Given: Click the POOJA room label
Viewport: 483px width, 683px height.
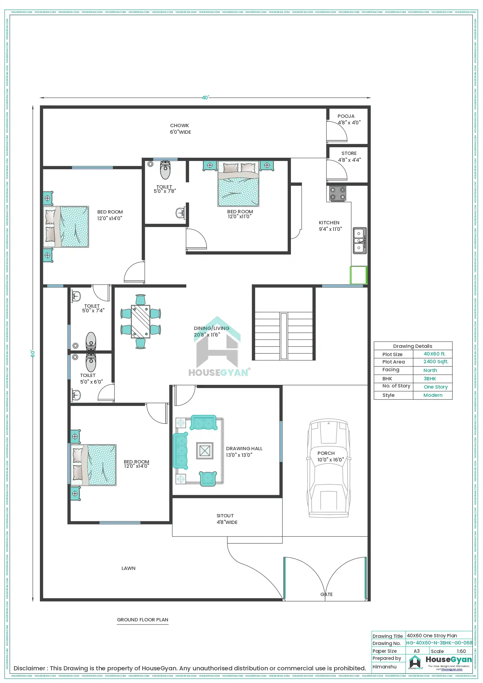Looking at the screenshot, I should [x=346, y=116].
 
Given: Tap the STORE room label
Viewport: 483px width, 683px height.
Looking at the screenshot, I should [x=349, y=154].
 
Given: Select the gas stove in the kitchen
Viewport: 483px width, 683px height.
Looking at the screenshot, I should [x=337, y=193].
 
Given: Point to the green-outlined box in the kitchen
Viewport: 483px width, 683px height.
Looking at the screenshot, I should [x=358, y=275].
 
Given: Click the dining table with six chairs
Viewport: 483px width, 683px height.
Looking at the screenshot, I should [x=140, y=322].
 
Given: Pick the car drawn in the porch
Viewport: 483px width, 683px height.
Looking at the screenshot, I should [x=329, y=468].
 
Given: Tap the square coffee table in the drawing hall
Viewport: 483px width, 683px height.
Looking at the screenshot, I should [x=205, y=451].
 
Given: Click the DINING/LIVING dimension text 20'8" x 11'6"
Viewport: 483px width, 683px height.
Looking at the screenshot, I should [x=207, y=335].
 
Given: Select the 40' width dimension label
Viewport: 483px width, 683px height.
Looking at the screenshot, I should [x=205, y=98].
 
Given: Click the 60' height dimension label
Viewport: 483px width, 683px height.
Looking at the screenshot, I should [x=33, y=354].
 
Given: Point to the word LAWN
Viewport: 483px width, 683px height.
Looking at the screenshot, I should [x=128, y=568].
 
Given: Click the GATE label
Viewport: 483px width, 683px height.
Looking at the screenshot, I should [x=326, y=594].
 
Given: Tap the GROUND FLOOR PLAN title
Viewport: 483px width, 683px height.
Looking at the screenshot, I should [x=142, y=620].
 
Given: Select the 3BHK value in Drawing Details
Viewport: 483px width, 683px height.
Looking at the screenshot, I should [x=429, y=379].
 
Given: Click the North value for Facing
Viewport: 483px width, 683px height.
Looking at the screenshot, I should [x=430, y=370].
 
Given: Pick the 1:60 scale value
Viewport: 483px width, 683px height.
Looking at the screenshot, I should [x=461, y=651].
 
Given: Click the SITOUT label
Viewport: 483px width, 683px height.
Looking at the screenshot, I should [x=225, y=516].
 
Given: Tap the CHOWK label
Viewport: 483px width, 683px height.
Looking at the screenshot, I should [x=179, y=125].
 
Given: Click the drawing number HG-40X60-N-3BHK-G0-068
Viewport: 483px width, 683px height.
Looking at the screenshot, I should [x=439, y=643].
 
